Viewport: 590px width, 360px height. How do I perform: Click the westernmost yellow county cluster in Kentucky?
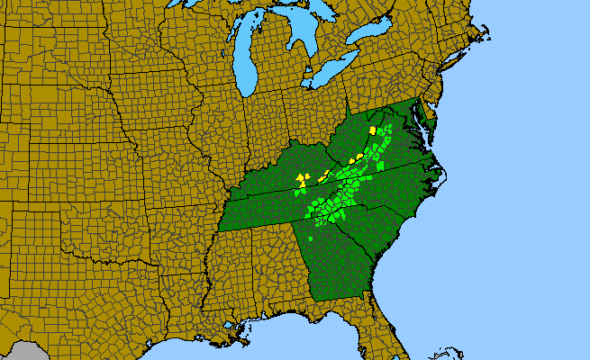(x=301, y=180)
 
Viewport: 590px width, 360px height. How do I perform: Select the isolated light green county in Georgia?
(x=312, y=239)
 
